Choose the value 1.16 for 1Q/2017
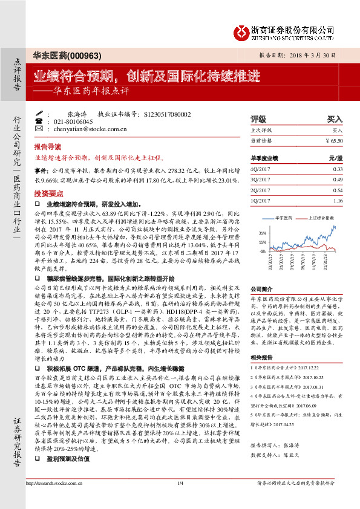tap(338, 200)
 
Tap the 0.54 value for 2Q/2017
tap(338, 190)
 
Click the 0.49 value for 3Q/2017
tap(338, 180)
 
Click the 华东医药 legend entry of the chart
tap(284, 216)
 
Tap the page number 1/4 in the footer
tap(180, 500)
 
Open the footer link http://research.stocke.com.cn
tap(57, 500)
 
